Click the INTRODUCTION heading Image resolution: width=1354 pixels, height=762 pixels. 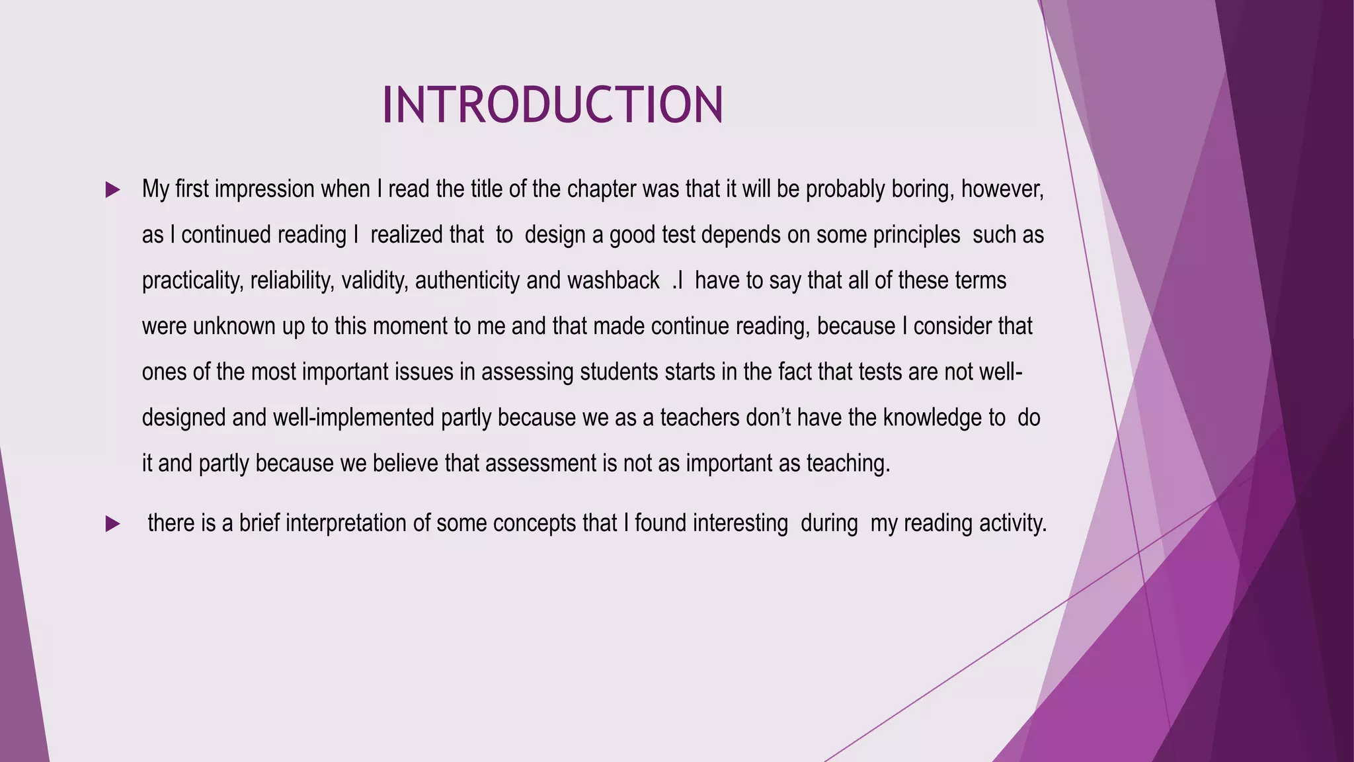pyautogui.click(x=553, y=105)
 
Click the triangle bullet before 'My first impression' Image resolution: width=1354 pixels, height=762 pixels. pyautogui.click(x=112, y=190)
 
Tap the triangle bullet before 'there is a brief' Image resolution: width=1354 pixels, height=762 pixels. pyautogui.click(x=112, y=525)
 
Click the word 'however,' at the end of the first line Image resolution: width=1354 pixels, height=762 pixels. pyautogui.click(x=1002, y=190)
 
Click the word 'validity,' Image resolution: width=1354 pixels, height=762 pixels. pyautogui.click(x=374, y=281)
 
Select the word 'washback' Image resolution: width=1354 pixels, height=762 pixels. pyautogui.click(x=613, y=281)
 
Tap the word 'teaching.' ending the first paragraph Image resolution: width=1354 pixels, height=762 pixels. pyautogui.click(x=848, y=464)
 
